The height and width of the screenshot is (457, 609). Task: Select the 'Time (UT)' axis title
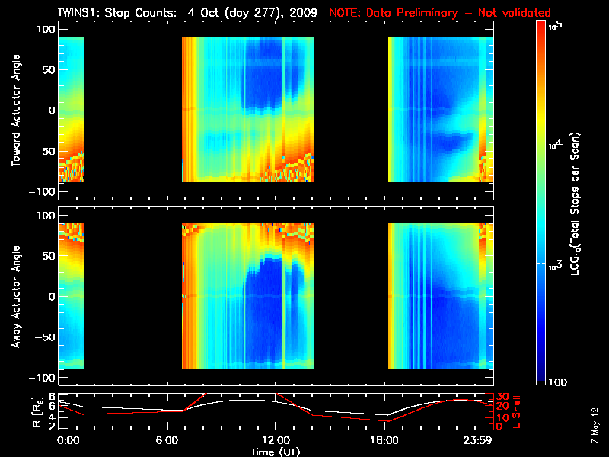tap(275, 451)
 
